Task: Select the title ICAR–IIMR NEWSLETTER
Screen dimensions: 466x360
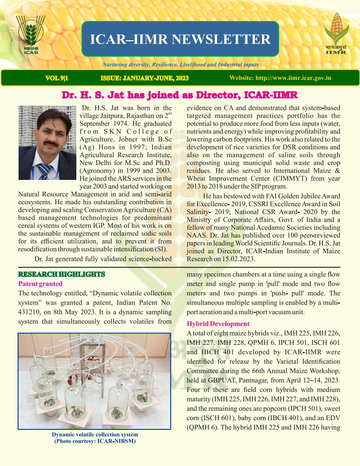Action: tap(180, 40)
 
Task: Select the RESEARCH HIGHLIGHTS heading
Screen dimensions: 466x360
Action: tap(61, 274)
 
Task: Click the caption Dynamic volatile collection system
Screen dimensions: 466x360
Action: tap(95, 434)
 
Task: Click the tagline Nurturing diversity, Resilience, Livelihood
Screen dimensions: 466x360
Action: tap(180, 65)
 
